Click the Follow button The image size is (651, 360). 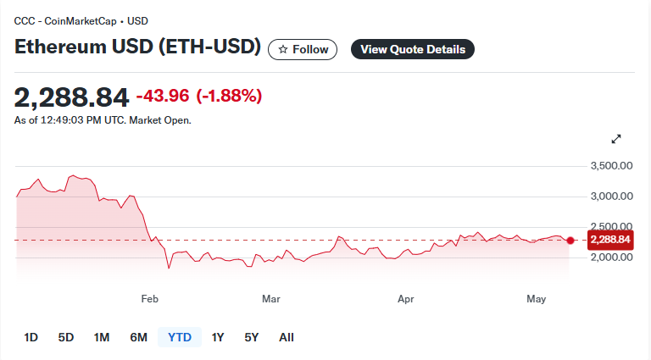click(303, 49)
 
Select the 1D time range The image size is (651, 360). click(31, 337)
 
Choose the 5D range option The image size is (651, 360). click(66, 337)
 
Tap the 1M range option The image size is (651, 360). click(102, 337)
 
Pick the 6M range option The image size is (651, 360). click(139, 337)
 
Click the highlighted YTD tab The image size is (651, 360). click(180, 337)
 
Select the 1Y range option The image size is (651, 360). click(218, 337)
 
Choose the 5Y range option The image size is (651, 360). click(252, 337)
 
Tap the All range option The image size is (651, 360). click(287, 337)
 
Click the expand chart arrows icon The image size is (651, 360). click(616, 139)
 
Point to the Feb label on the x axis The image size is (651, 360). click(149, 299)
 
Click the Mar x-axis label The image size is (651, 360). click(271, 299)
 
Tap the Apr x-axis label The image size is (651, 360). click(406, 299)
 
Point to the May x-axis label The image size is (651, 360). click(536, 299)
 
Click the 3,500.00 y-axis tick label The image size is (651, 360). click(611, 166)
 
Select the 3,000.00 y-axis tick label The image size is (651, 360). click(611, 197)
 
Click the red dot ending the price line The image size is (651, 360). click(570, 240)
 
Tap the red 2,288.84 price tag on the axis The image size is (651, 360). click(610, 240)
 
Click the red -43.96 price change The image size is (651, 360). click(163, 96)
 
